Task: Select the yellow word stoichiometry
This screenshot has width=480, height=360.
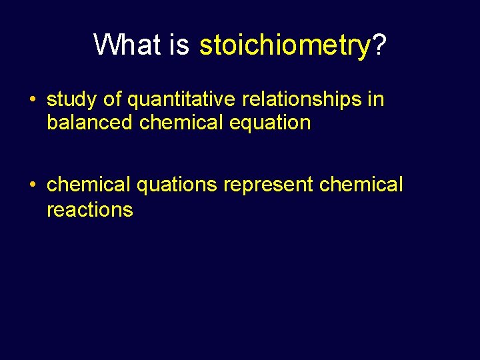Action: [x=285, y=45]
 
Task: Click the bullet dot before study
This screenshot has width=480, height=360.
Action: [x=33, y=101]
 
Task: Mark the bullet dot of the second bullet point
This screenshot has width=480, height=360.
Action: [x=33, y=185]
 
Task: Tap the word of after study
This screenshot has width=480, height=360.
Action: [x=113, y=100]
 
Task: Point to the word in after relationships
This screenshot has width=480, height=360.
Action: [x=377, y=100]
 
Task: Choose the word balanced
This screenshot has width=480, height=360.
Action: [x=90, y=123]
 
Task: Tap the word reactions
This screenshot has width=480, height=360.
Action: [x=90, y=209]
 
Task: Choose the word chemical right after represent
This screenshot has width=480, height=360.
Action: [x=361, y=184]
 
